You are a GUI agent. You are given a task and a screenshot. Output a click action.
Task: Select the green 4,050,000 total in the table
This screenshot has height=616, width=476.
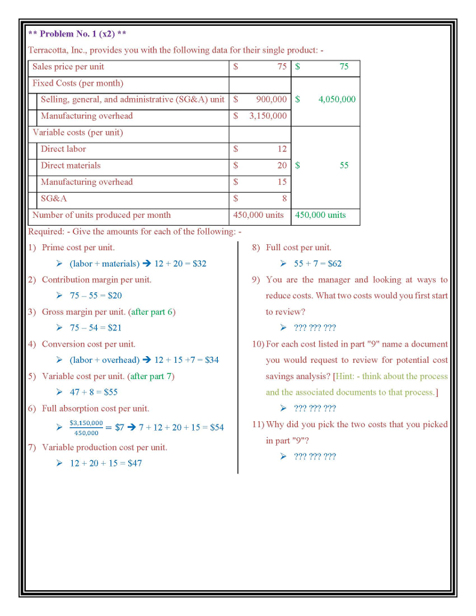click(336, 99)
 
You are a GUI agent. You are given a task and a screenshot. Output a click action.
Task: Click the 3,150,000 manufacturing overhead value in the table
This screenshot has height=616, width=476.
click(268, 116)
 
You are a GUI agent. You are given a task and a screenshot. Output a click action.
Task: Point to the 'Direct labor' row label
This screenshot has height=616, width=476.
click(63, 149)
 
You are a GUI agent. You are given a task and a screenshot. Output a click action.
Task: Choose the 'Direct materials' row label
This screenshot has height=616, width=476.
click(70, 165)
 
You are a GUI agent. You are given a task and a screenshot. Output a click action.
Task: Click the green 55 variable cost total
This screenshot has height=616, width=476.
click(343, 165)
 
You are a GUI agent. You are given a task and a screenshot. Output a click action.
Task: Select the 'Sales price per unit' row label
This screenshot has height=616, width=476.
click(68, 67)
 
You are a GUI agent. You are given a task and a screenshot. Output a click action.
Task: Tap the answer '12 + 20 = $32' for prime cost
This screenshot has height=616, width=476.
click(180, 263)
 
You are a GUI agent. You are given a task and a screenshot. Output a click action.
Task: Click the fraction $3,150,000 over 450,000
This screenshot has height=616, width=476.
click(86, 428)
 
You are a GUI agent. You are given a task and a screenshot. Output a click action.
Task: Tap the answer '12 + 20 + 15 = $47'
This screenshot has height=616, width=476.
click(106, 463)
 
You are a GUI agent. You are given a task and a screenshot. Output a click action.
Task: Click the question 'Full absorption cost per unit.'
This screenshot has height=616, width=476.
click(95, 408)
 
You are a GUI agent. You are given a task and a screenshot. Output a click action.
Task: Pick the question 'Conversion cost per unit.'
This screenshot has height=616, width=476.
click(88, 344)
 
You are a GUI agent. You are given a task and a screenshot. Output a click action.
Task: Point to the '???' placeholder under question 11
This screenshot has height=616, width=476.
click(315, 457)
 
